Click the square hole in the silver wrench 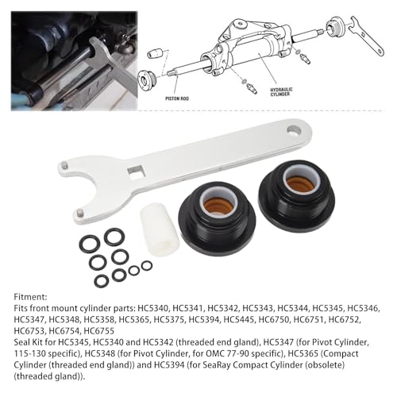[139, 171]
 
